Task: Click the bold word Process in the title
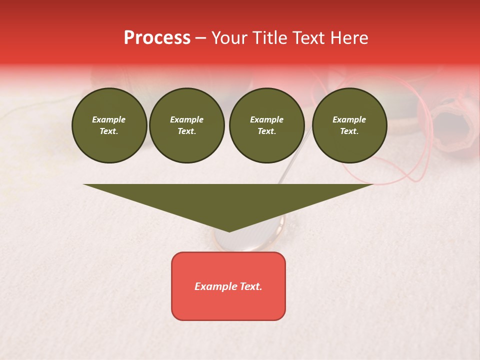pyautogui.click(x=157, y=38)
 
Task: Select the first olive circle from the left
pyautogui.click(x=109, y=125)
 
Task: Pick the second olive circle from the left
pyautogui.click(x=187, y=125)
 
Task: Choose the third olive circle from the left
pyautogui.click(x=266, y=125)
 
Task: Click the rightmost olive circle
pyautogui.click(x=349, y=125)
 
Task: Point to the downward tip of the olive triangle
pyautogui.click(x=229, y=231)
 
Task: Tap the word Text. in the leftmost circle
pyautogui.click(x=109, y=131)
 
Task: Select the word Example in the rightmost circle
pyautogui.click(x=349, y=119)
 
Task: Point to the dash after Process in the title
pyautogui.click(x=200, y=38)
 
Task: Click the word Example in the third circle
pyautogui.click(x=266, y=119)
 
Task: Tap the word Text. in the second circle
pyautogui.click(x=186, y=131)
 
